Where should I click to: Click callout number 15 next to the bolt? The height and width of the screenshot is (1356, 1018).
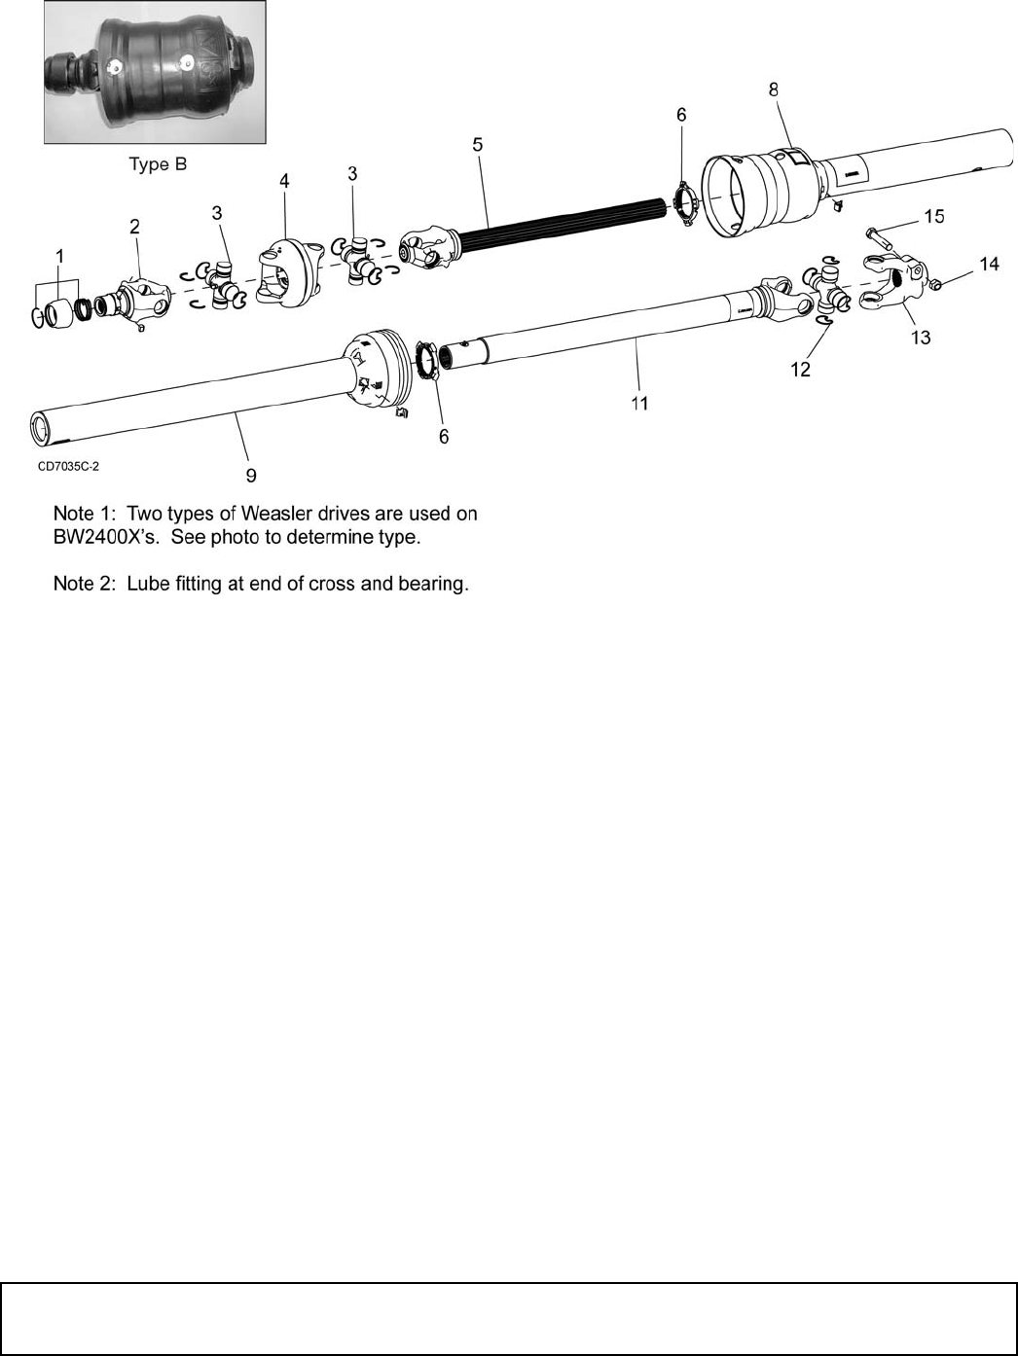(x=933, y=216)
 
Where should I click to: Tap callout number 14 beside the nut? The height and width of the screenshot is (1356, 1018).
(x=989, y=264)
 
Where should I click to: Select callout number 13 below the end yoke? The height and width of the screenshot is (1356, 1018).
(x=920, y=337)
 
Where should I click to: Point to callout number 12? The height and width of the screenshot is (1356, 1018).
(x=800, y=370)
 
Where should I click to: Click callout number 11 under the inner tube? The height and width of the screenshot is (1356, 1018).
(x=638, y=402)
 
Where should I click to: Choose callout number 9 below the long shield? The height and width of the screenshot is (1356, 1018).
(x=251, y=475)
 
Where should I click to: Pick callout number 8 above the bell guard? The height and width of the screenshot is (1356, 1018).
(x=774, y=89)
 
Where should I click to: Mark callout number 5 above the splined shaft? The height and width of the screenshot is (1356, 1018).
(x=477, y=144)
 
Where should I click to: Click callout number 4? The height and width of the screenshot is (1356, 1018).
(x=284, y=180)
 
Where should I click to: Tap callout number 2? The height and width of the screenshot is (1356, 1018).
(x=134, y=226)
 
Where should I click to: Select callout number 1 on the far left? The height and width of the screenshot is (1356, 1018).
(x=60, y=255)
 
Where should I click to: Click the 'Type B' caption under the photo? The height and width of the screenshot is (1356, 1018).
(x=158, y=164)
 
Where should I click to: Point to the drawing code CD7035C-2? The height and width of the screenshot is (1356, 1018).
(x=68, y=466)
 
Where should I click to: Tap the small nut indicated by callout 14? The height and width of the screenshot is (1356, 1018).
(x=933, y=284)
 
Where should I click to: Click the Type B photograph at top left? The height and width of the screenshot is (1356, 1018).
(x=155, y=72)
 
